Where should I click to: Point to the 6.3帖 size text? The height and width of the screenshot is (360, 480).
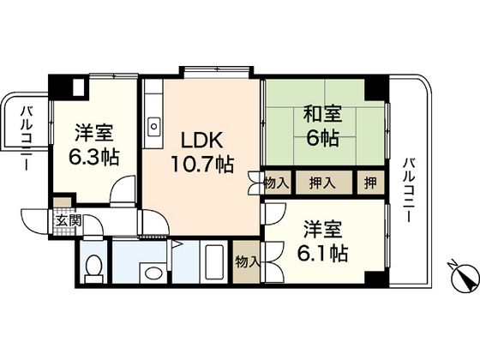[x=94, y=158]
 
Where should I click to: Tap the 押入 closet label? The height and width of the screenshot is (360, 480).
[x=323, y=182]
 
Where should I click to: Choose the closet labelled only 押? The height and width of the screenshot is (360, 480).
[x=367, y=182]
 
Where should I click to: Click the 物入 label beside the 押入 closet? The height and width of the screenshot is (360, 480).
[x=276, y=182]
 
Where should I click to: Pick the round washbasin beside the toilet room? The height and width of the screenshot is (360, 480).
[x=154, y=274]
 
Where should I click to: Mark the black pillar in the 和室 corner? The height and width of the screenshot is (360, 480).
[x=374, y=87]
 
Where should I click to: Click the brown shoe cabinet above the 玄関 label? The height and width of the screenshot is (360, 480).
[x=62, y=204]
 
